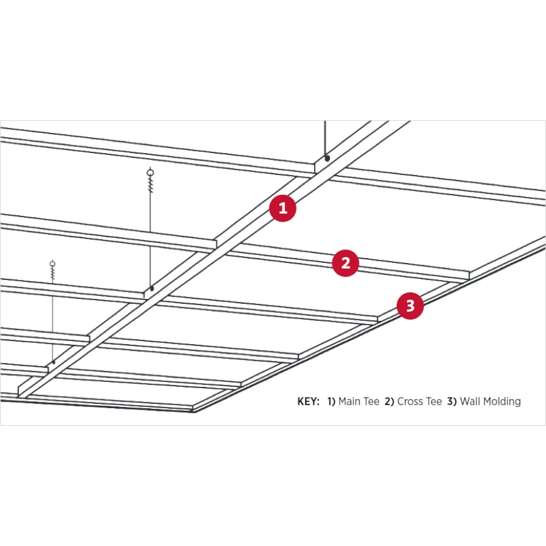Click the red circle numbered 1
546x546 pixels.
point(282,208)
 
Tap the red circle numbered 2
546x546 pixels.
point(345,263)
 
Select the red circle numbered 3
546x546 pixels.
point(410,306)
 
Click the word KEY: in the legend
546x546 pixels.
point(308,402)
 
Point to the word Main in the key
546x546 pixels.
point(349,402)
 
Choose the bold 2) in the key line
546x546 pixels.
point(389,402)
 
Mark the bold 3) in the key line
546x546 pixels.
point(452,402)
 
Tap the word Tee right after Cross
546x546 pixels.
point(434,402)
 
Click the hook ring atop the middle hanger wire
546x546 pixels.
point(151,172)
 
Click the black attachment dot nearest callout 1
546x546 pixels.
point(327,158)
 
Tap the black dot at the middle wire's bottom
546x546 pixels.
point(151,288)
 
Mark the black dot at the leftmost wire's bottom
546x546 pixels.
point(54,363)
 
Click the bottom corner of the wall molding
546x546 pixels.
point(194,411)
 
